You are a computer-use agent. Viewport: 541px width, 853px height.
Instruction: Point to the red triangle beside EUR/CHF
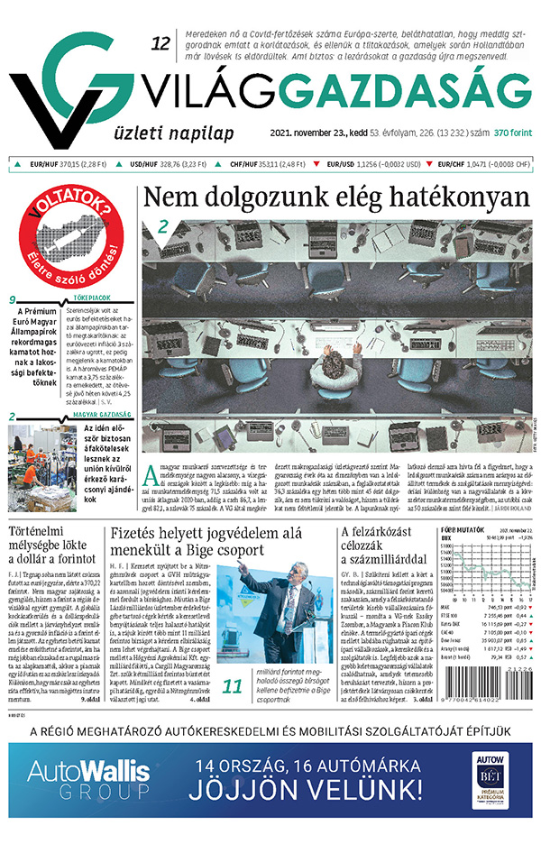[429, 165]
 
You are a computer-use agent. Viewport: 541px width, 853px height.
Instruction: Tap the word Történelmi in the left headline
[45, 531]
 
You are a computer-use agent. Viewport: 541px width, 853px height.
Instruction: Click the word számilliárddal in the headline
[378, 565]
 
